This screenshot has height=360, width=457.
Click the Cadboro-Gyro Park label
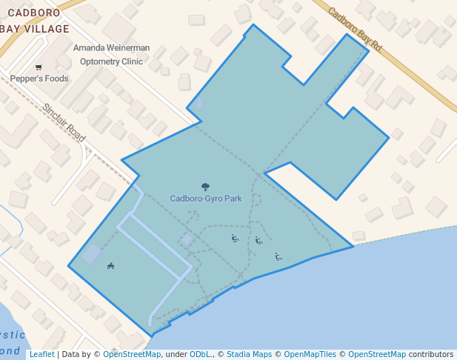(206, 199)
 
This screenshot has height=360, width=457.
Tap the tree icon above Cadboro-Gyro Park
(205, 187)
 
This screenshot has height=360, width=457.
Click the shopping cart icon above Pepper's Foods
(39, 67)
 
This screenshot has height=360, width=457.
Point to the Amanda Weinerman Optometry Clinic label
(111, 55)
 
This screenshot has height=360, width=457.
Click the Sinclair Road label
(64, 122)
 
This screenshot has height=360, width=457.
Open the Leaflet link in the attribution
(41, 354)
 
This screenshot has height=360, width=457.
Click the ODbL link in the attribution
(200, 354)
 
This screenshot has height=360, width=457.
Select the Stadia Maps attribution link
(249, 354)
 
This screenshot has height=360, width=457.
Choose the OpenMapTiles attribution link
(310, 354)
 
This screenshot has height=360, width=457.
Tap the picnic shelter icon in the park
(110, 266)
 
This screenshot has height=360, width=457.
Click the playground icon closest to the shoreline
(278, 257)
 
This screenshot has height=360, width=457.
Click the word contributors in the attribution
(431, 354)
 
